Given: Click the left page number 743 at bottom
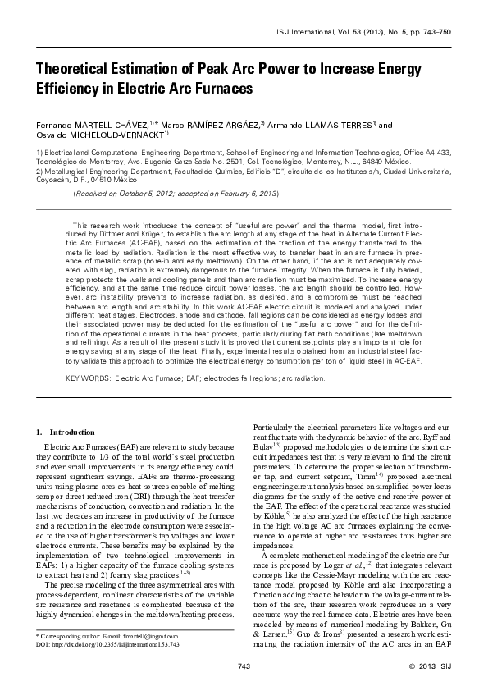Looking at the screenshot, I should [x=244, y=664].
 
